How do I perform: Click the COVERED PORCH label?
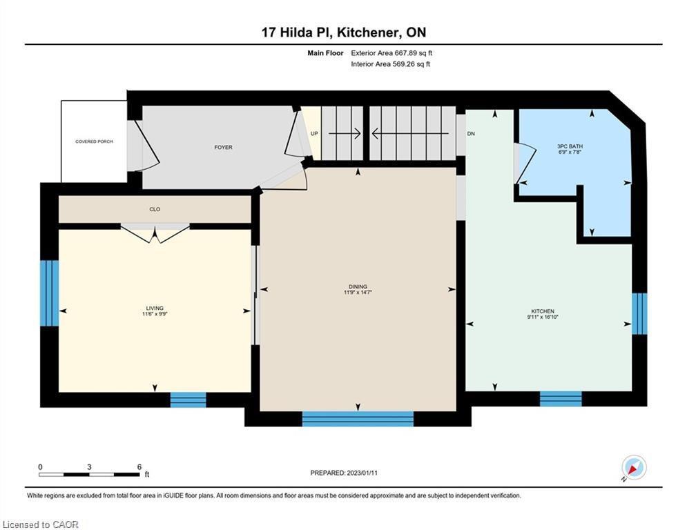tap(94, 141)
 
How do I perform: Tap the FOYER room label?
tap(223, 147)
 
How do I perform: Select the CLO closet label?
tap(155, 209)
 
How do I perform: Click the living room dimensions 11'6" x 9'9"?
tap(155, 313)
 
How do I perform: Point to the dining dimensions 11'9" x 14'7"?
tap(358, 292)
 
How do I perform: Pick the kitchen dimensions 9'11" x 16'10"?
tap(543, 317)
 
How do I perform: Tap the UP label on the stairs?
tap(314, 134)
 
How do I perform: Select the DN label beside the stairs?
tap(471, 134)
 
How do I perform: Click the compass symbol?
tap(634, 468)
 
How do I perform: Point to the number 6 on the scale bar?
tap(139, 467)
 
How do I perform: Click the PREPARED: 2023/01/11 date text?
tap(344, 473)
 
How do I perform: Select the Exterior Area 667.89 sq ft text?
tap(391, 53)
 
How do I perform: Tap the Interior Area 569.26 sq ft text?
tap(390, 64)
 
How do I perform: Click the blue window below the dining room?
tap(358, 419)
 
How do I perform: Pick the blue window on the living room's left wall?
tap(50, 293)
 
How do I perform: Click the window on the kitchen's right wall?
tap(639, 313)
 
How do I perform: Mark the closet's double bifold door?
tap(155, 233)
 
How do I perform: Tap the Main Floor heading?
tap(325, 53)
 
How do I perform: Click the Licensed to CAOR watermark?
tap(40, 524)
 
